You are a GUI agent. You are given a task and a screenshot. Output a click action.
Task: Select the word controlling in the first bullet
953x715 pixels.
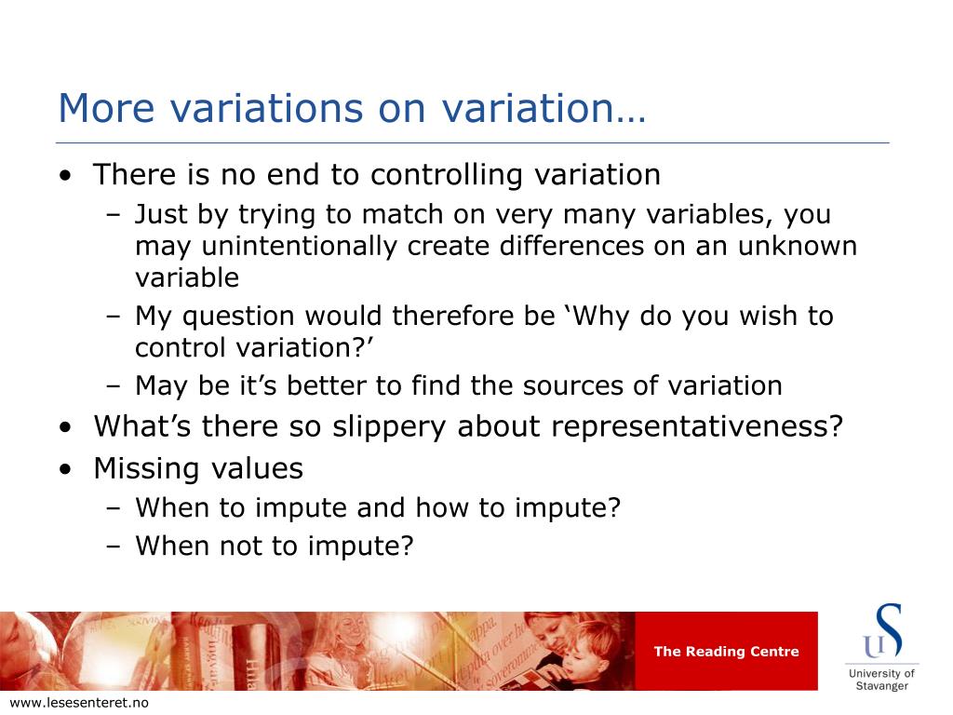tap(446, 176)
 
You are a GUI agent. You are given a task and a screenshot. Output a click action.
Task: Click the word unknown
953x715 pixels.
tap(798, 246)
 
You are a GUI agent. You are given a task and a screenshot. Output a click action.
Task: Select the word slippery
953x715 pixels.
tap(389, 427)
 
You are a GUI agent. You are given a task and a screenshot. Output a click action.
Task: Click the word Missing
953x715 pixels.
tap(146, 469)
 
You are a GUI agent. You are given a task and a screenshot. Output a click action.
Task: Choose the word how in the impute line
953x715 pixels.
tap(442, 507)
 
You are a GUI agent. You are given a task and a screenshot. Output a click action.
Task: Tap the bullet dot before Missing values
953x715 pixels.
tap(66, 470)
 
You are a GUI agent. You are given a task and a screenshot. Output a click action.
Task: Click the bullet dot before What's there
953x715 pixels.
tap(66, 427)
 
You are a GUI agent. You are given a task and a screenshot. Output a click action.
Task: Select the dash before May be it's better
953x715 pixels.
tap(113, 386)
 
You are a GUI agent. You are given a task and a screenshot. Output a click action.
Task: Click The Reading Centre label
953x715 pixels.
tap(726, 652)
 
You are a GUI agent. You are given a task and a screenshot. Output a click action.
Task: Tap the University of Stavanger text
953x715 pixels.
tap(882, 680)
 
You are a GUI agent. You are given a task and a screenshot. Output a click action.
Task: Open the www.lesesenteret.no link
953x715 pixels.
tap(80, 703)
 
